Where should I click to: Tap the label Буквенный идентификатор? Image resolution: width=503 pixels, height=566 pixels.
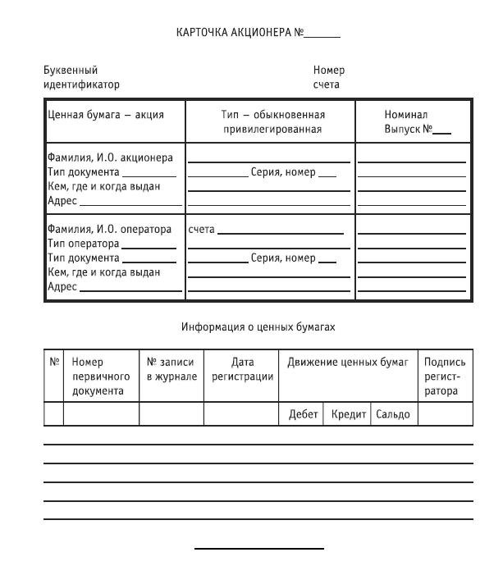(x=81, y=77)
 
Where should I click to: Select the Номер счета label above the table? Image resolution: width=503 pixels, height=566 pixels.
(x=328, y=77)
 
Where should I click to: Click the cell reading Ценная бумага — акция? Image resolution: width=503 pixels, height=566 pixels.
(x=106, y=115)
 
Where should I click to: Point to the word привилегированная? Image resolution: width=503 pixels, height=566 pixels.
(x=272, y=129)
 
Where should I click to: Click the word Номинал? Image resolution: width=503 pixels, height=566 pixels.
(x=406, y=115)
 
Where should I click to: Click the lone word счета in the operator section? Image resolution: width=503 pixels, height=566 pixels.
(x=201, y=229)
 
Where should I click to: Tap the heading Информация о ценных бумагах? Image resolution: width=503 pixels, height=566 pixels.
(x=258, y=326)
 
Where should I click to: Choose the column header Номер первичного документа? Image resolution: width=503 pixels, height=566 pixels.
(x=101, y=376)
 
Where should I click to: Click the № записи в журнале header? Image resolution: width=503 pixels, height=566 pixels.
(x=171, y=368)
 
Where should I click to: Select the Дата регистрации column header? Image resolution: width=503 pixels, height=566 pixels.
(x=242, y=368)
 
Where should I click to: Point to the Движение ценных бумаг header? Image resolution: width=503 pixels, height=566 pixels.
(x=347, y=362)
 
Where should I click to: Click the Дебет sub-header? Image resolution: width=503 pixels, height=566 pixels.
(x=303, y=414)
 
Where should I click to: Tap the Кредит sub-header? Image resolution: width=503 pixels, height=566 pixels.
(x=349, y=414)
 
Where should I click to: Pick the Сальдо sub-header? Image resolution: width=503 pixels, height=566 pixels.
(x=392, y=414)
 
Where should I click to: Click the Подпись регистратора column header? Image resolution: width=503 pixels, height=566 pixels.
(x=444, y=376)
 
